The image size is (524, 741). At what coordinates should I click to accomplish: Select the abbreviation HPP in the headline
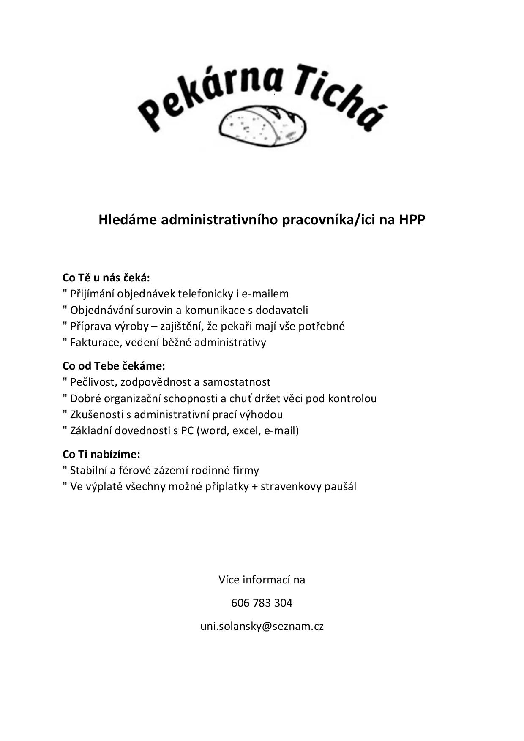click(412, 220)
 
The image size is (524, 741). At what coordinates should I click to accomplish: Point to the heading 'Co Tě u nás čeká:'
click(106, 278)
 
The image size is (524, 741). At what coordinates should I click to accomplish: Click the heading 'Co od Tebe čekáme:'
click(114, 366)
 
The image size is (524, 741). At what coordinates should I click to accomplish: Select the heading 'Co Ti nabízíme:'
click(101, 454)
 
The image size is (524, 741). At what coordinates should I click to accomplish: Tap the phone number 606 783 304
click(262, 603)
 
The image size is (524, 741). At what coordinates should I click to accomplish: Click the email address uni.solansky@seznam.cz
click(262, 626)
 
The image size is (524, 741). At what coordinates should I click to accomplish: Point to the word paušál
click(340, 487)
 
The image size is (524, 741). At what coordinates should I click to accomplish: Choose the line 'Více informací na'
click(262, 580)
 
